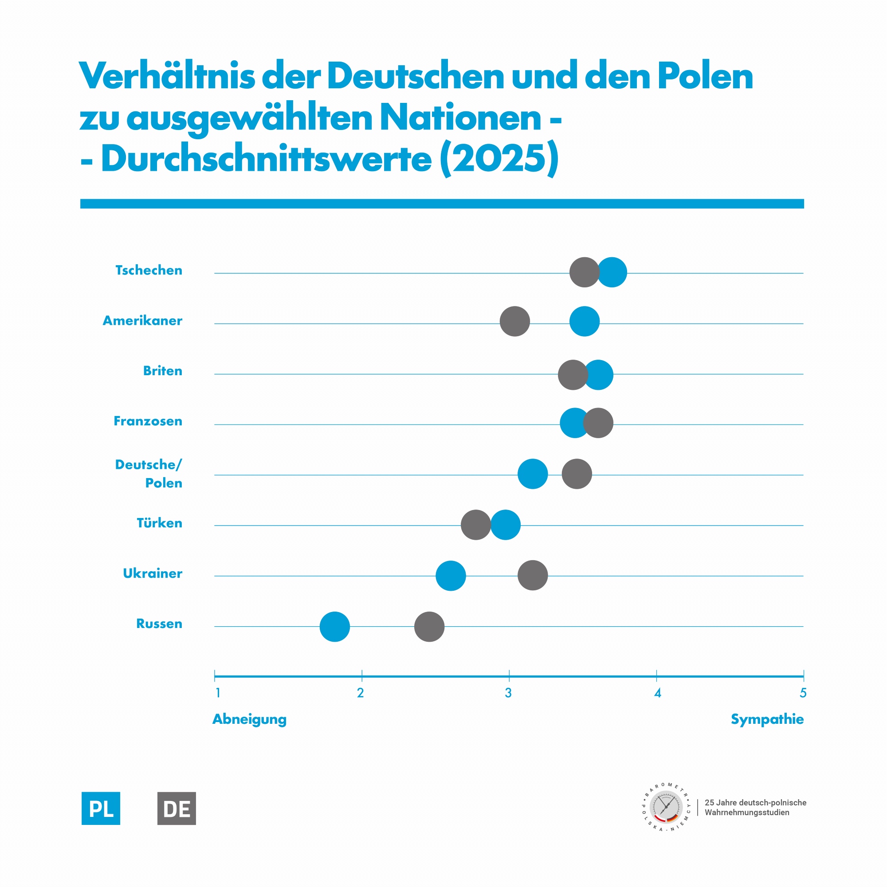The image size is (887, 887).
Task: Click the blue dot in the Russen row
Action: pyautogui.click(x=335, y=627)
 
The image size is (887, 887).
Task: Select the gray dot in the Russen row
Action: pyautogui.click(x=429, y=627)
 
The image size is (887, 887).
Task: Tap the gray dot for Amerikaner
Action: pyautogui.click(x=514, y=322)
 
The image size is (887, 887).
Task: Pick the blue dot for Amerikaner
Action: pyautogui.click(x=585, y=322)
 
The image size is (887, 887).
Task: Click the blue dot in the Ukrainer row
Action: pyautogui.click(x=451, y=576)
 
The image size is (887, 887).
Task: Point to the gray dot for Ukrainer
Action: pyautogui.click(x=533, y=575)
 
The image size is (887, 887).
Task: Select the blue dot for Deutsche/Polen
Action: pyautogui.click(x=533, y=474)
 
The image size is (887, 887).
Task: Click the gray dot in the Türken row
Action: pyautogui.click(x=475, y=525)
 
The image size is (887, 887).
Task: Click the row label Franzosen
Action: pyautogui.click(x=148, y=421)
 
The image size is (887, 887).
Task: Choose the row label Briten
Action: pyautogui.click(x=162, y=370)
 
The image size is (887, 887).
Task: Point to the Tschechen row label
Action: pyautogui.click(x=149, y=270)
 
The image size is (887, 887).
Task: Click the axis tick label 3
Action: pyautogui.click(x=508, y=693)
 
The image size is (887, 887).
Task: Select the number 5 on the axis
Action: pyautogui.click(x=803, y=693)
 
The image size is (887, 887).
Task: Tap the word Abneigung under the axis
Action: pyautogui.click(x=249, y=719)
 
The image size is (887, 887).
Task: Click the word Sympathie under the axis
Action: pyautogui.click(x=767, y=719)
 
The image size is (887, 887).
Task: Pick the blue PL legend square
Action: pyautogui.click(x=101, y=809)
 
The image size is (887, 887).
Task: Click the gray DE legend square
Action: pyautogui.click(x=177, y=809)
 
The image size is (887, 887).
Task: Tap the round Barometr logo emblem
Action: pyautogui.click(x=666, y=808)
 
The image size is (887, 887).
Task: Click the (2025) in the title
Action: pyautogui.click(x=499, y=158)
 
